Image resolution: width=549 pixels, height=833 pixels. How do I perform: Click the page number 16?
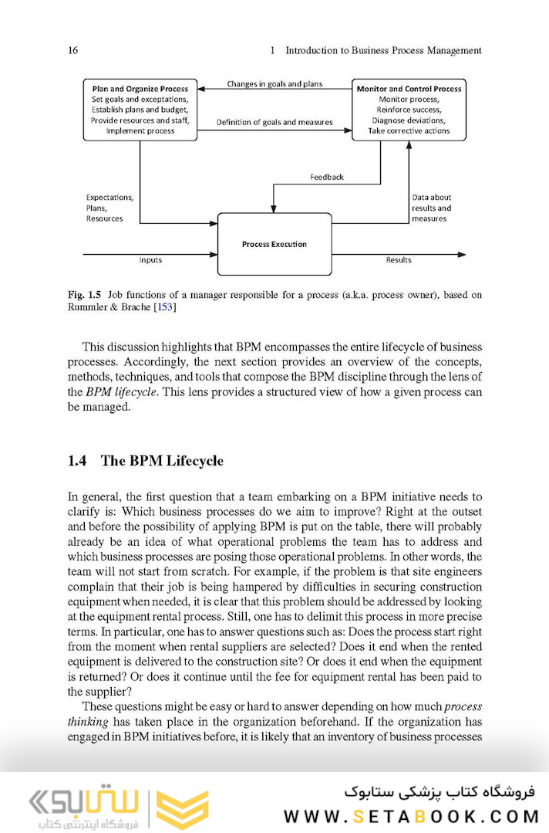coord(73,51)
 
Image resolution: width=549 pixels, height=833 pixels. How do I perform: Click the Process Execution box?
coord(274,244)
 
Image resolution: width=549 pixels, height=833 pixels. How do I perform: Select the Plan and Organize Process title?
coord(140,89)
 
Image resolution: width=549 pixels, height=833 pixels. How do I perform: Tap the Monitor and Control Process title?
coord(409,89)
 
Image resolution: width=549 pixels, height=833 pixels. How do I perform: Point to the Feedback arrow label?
coord(326,177)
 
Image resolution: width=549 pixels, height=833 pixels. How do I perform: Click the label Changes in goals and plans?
coord(274,83)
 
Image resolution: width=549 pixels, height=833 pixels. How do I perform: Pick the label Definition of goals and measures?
coord(274,122)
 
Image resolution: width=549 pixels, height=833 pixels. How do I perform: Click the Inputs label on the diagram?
coord(150,260)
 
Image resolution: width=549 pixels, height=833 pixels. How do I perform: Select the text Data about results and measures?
coord(431,208)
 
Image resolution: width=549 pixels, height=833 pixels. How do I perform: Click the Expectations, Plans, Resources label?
coord(109,208)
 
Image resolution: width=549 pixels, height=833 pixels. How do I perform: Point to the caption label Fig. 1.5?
coord(85,295)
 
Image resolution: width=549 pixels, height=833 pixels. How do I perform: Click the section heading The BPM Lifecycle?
coord(162,461)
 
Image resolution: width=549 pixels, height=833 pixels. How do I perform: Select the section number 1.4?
coord(78,461)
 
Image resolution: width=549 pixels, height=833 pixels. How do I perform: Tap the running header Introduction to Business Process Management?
coord(383,51)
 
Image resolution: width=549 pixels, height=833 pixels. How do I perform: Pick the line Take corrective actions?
coord(409,131)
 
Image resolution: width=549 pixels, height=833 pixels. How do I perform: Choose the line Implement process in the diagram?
coord(140,131)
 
